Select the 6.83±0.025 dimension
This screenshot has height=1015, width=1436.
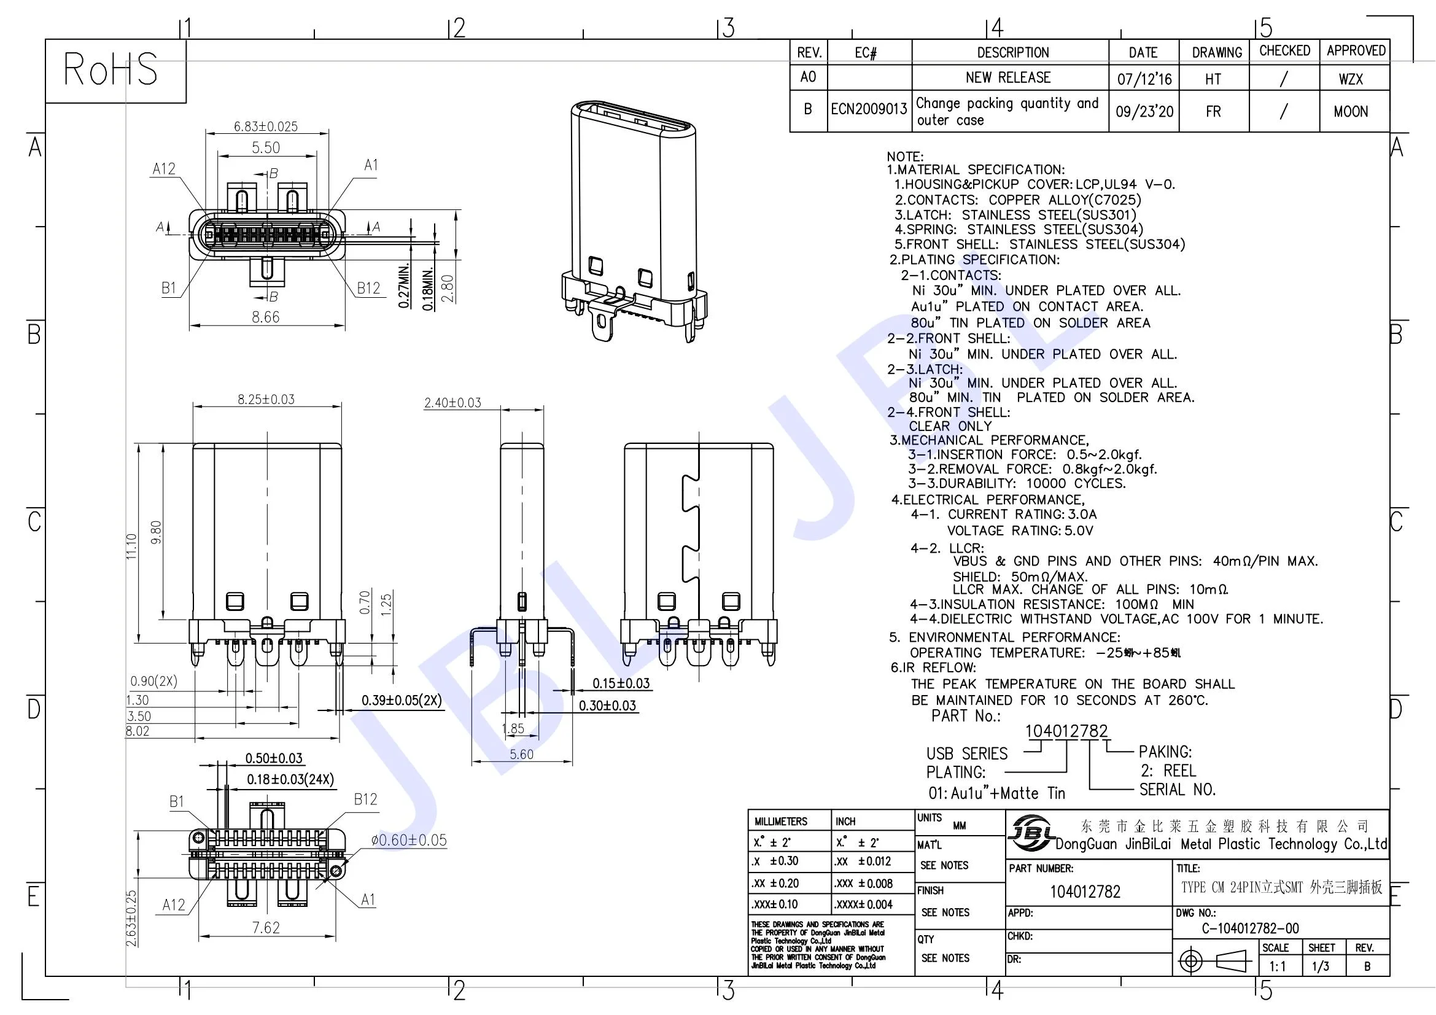click(x=266, y=126)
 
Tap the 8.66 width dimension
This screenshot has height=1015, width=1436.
click(x=266, y=317)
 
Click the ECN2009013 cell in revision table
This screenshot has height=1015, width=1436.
click(x=869, y=109)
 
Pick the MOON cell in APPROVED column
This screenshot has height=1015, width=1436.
click(x=1350, y=112)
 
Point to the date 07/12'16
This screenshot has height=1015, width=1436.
click(x=1144, y=79)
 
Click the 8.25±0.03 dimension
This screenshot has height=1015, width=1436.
click(x=266, y=399)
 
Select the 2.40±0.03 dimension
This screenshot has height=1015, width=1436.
click(x=453, y=403)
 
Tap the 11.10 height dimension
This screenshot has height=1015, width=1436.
click(x=131, y=546)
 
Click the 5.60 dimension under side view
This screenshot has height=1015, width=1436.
click(x=521, y=754)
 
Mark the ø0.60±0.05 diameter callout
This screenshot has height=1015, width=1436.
click(x=409, y=841)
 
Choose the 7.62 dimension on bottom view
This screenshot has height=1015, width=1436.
click(x=266, y=927)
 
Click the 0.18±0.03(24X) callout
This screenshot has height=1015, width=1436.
click(x=290, y=779)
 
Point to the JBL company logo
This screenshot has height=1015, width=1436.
click(x=1030, y=833)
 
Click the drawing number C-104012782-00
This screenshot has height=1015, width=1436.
click(x=1249, y=928)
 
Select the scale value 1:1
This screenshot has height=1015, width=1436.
click(x=1277, y=966)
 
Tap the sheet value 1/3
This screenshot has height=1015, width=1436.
click(x=1321, y=966)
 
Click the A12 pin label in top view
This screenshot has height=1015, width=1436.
click(x=164, y=169)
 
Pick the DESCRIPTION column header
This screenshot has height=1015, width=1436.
click(x=1012, y=53)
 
